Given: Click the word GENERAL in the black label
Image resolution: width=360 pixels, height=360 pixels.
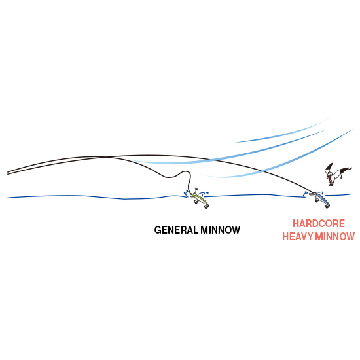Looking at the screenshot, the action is coord(176,230).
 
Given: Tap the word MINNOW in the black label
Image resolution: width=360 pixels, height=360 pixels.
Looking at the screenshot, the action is coord(221,230).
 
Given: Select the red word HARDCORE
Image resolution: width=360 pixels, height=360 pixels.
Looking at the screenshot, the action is coord(319,223).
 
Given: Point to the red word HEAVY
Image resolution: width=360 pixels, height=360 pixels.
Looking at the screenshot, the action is coord(297,236).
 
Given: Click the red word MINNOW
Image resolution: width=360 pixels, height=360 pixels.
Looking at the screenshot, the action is coord(335,236).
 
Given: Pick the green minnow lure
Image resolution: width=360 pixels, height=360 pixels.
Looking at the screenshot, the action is coord(200,200).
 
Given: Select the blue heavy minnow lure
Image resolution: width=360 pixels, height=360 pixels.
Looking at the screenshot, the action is coord(321,199).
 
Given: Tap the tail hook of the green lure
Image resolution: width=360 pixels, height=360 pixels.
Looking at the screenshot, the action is coord(206,207).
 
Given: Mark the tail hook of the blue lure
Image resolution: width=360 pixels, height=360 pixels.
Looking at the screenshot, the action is coord(327,206).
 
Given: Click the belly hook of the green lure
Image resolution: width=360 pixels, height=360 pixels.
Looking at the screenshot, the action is coord(196,202).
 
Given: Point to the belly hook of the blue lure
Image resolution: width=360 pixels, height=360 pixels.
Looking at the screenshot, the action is coord(317,200).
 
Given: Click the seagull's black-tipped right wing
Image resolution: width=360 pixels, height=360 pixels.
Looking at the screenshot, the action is coord(345,170).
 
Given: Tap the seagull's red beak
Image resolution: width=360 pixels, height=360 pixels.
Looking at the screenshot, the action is coord(329,178).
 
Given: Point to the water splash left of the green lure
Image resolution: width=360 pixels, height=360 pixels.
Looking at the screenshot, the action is coord(186,194).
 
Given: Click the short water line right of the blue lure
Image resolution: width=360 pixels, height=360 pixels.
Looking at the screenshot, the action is coord(338,195).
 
